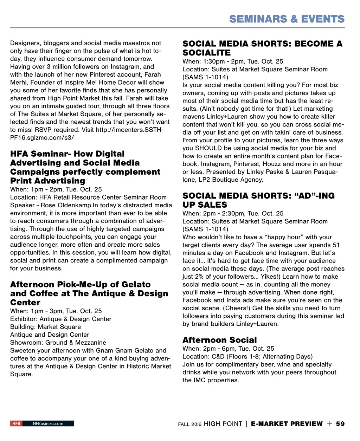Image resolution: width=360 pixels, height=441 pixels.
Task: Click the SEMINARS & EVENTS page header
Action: [x=287, y=19]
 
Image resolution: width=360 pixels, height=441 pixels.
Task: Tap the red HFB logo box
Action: [x=16, y=423]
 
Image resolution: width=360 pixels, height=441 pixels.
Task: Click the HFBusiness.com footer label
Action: [x=48, y=423]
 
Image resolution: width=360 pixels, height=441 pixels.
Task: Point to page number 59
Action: [x=340, y=424]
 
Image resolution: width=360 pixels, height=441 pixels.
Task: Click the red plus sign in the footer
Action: [x=329, y=424]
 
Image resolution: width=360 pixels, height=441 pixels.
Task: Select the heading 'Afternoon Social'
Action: [x=219, y=340]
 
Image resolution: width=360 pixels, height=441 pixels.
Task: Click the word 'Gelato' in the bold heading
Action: [x=136, y=284]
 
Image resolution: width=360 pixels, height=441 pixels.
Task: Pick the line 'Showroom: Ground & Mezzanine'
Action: [x=58, y=343]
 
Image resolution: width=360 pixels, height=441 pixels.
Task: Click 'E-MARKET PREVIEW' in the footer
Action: [x=287, y=424]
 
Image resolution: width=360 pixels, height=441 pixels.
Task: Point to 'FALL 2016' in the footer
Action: [x=189, y=424]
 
